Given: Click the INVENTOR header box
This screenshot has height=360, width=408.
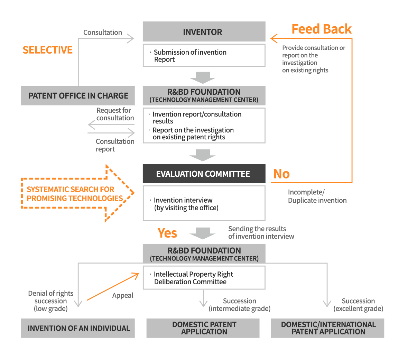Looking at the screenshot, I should (x=204, y=32).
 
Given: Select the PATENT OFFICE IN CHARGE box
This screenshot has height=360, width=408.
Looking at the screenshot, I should (x=78, y=95).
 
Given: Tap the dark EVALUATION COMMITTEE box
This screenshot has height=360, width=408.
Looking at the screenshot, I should (x=204, y=174).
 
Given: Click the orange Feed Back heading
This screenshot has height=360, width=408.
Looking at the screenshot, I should (x=321, y=29).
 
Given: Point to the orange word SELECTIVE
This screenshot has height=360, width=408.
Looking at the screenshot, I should (x=48, y=50).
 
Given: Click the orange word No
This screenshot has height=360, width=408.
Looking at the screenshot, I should (x=281, y=174).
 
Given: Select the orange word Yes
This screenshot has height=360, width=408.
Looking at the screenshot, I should (x=167, y=233).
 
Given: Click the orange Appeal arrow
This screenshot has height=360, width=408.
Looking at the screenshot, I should (x=112, y=287).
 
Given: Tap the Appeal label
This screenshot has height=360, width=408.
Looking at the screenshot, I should (x=123, y=296).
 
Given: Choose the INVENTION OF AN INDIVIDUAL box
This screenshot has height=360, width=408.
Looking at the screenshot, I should (x=78, y=328).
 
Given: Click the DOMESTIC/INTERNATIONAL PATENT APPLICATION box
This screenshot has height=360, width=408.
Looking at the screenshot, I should (x=327, y=328).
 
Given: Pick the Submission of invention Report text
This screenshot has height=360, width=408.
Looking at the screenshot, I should (x=190, y=56).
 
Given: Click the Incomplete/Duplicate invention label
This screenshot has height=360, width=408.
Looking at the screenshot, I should (x=317, y=196).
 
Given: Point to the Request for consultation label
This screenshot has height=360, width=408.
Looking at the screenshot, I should (x=114, y=114).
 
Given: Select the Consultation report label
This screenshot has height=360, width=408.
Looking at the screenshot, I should (x=114, y=145).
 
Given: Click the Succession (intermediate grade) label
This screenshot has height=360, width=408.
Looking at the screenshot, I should (x=240, y=305).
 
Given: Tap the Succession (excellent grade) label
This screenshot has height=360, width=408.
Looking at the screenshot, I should (x=358, y=305).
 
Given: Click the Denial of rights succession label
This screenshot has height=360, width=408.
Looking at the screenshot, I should (x=51, y=301).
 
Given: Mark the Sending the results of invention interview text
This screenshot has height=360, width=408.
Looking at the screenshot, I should (x=261, y=233).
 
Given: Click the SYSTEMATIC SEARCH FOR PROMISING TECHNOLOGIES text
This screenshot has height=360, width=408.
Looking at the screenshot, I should (x=75, y=194).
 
